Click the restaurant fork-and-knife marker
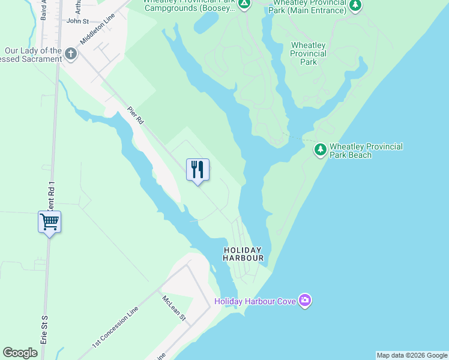(x=197, y=170)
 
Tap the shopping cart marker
(x=49, y=222)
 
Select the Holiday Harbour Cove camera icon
(x=305, y=300)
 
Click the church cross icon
(x=71, y=55)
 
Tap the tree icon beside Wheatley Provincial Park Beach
(x=321, y=149)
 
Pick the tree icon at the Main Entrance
(x=356, y=5)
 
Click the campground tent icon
(x=244, y=5)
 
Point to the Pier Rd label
(x=136, y=116)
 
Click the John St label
(x=77, y=20)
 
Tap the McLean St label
(x=174, y=308)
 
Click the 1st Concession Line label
(x=115, y=327)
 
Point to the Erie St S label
(x=44, y=329)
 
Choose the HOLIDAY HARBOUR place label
(x=243, y=254)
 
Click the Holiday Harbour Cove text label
(x=255, y=301)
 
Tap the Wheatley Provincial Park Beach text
(x=366, y=151)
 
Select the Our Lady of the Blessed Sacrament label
(x=33, y=55)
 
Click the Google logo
(x=20, y=353)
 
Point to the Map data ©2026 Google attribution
(x=412, y=355)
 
